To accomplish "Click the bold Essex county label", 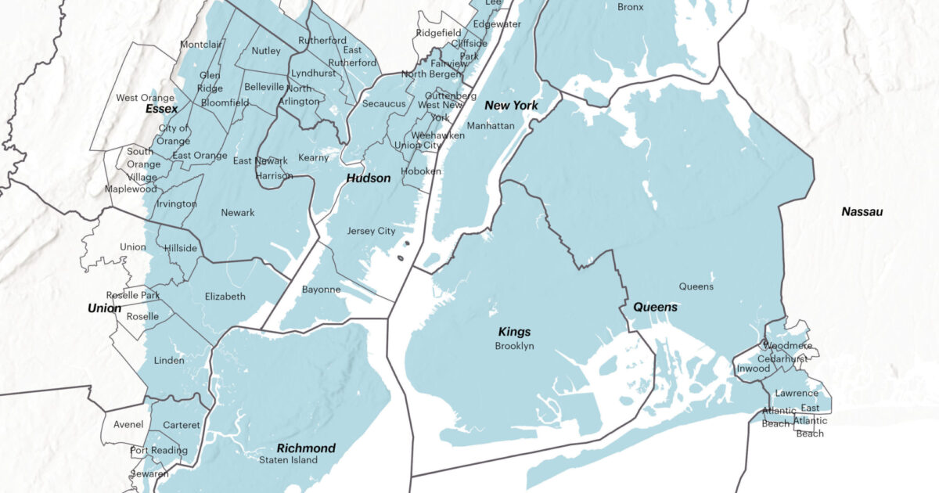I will (x=162, y=110).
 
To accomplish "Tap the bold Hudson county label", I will (x=368, y=178).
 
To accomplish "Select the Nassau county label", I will (x=862, y=212).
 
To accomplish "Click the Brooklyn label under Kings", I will (x=514, y=346).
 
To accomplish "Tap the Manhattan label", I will (x=490, y=126).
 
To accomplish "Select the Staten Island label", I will (x=289, y=460).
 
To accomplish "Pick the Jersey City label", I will (x=371, y=232).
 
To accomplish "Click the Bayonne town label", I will (x=321, y=290).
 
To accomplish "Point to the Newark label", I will (x=237, y=213).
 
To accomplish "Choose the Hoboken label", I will (x=421, y=171).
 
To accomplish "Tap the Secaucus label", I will (x=383, y=104).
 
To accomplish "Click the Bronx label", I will (x=630, y=7).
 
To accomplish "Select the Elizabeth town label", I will (x=225, y=297).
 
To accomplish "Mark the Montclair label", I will (x=201, y=45).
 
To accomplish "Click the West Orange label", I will (x=145, y=98).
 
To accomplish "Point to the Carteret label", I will (x=182, y=425).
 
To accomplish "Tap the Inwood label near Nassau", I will (x=753, y=369).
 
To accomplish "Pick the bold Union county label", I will (x=104, y=308).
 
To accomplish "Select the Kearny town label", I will (x=314, y=158).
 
